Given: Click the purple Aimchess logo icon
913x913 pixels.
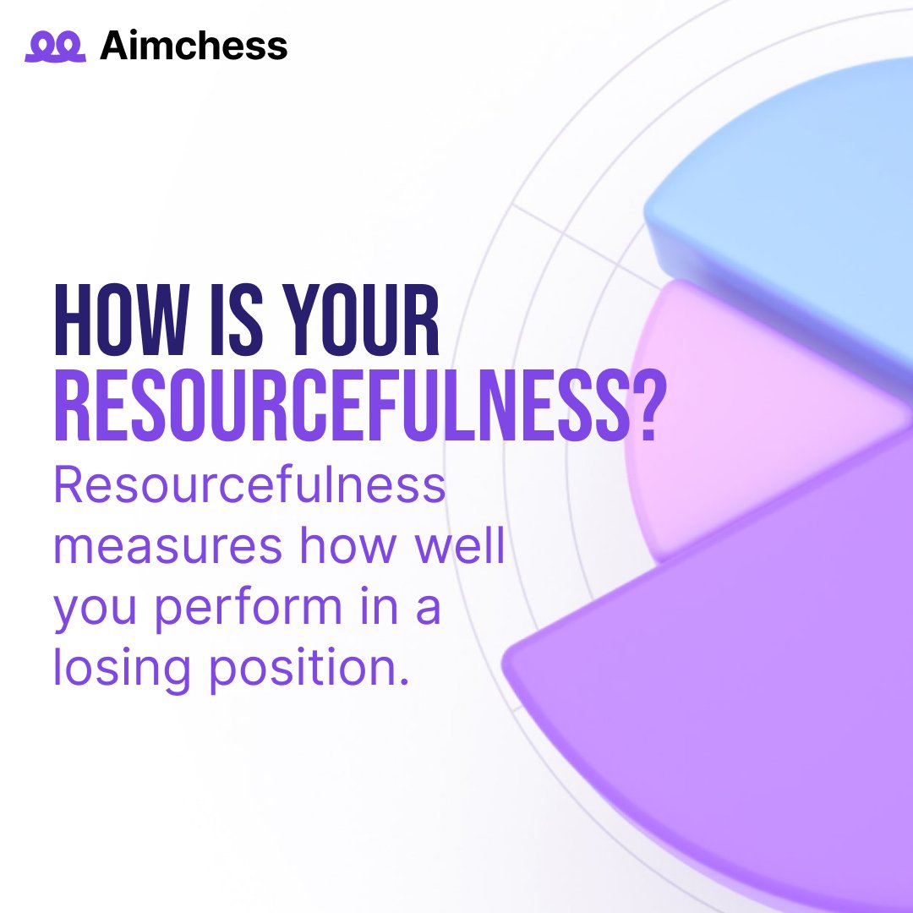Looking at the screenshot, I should click(55, 46).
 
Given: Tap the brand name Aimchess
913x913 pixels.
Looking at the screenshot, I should click(194, 46).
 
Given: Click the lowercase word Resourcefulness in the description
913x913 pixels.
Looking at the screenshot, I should click(249, 487).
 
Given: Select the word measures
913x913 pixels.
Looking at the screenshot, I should click(167, 547).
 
